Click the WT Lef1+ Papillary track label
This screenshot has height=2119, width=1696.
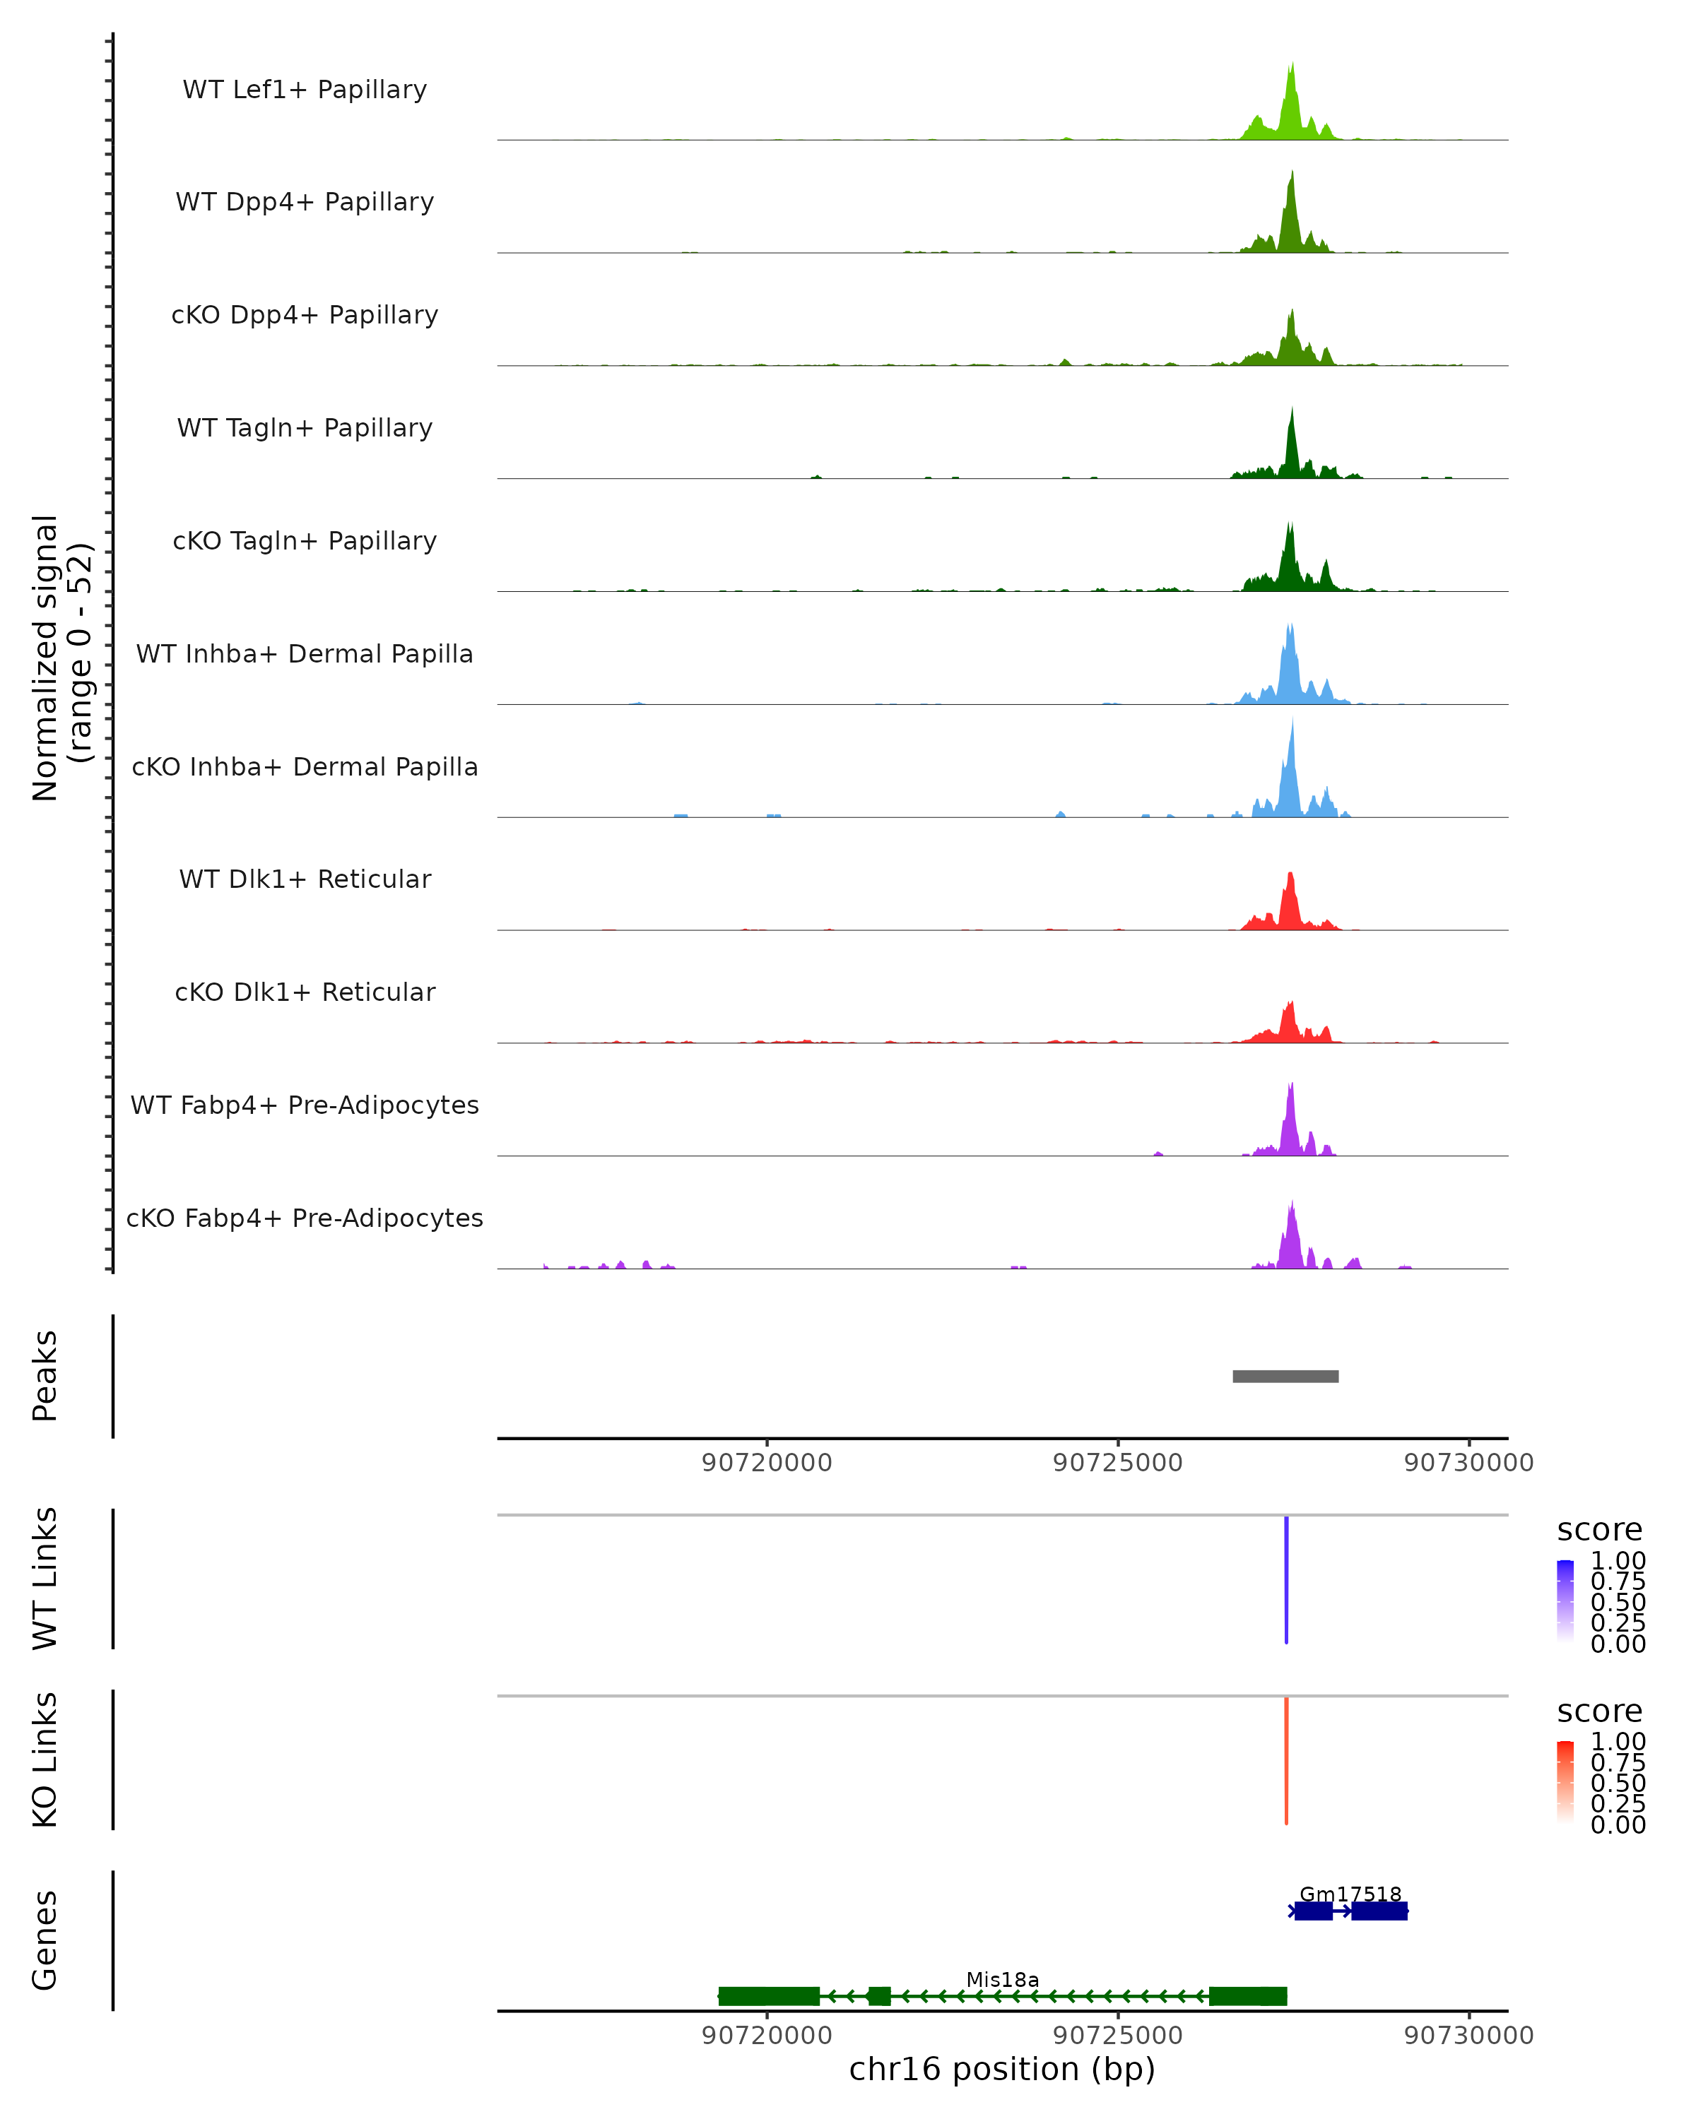pos(305,90)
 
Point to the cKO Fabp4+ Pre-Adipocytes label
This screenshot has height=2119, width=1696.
pos(305,1218)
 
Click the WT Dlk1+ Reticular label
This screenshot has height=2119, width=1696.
pos(305,879)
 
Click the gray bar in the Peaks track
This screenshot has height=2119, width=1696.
pos(1285,1376)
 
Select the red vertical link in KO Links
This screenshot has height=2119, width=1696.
pos(1286,1760)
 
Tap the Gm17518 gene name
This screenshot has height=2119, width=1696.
pos(1350,1894)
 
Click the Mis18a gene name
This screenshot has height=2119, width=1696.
pos(1002,1979)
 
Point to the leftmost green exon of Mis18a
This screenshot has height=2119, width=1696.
pos(769,1996)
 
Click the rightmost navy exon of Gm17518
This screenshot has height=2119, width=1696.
pos(1379,1911)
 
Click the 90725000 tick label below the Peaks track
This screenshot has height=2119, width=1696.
pos(1118,1463)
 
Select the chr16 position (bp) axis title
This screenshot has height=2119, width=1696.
pos(1002,2069)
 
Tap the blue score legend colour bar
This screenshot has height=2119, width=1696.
pos(1565,1602)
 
